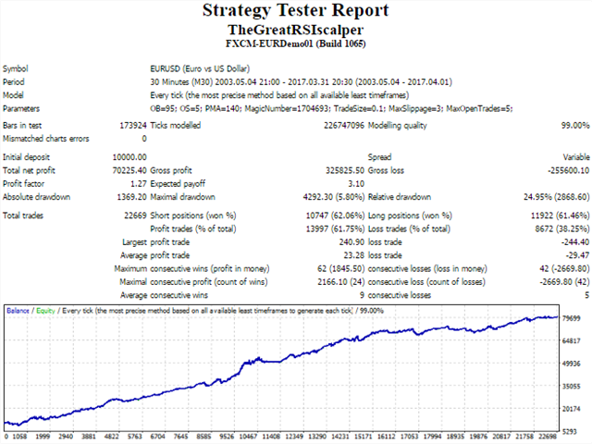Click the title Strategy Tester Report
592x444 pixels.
(295, 11)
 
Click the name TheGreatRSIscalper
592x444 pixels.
(295, 30)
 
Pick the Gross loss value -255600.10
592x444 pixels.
(563, 170)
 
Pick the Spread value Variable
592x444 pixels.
(572, 157)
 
